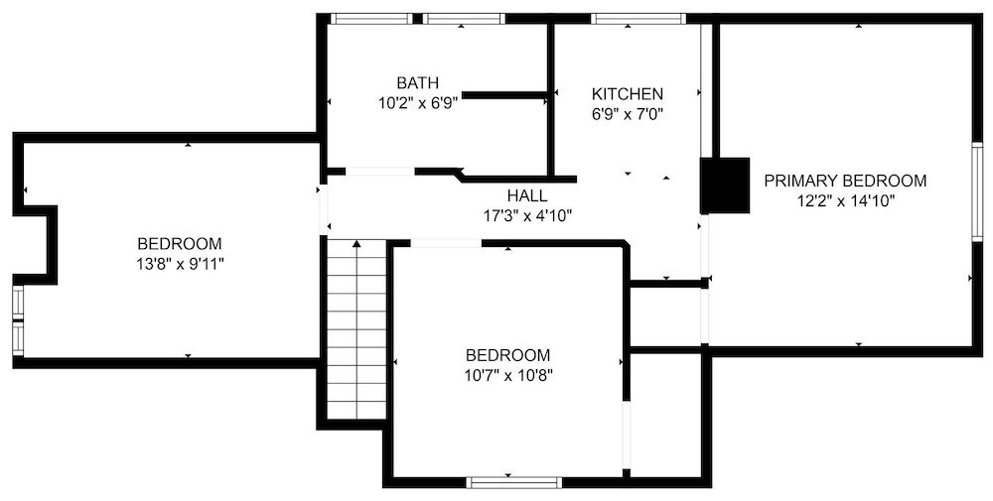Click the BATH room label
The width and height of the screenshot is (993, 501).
coord(417,82)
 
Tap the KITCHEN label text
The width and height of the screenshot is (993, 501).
coord(628,93)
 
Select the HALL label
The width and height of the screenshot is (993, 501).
coord(526,195)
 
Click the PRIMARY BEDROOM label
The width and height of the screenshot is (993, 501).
coord(845,181)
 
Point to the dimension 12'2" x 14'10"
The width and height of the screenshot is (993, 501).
coord(845,201)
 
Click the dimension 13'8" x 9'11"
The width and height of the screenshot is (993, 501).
coord(180,264)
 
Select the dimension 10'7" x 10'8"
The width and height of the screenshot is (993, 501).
coord(507,376)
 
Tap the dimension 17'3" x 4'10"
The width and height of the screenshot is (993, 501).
coord(526,215)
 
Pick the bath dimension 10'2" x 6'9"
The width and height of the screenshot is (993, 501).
coord(417,102)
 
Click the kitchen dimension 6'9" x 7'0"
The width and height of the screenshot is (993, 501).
coord(628,114)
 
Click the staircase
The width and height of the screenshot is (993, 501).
coord(356,327)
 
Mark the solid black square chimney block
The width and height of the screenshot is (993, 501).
coord(726,186)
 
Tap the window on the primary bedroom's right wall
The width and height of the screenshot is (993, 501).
coord(977,191)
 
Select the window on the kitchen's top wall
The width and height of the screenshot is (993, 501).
coord(638,19)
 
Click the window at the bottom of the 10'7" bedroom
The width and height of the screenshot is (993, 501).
coord(507,483)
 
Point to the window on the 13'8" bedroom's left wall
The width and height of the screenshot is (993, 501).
coord(18,319)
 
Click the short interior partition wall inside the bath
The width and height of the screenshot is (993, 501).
coord(505,95)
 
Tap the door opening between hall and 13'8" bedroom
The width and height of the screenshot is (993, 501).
coord(321,209)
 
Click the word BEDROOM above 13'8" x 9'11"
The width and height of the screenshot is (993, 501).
coord(180,244)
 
